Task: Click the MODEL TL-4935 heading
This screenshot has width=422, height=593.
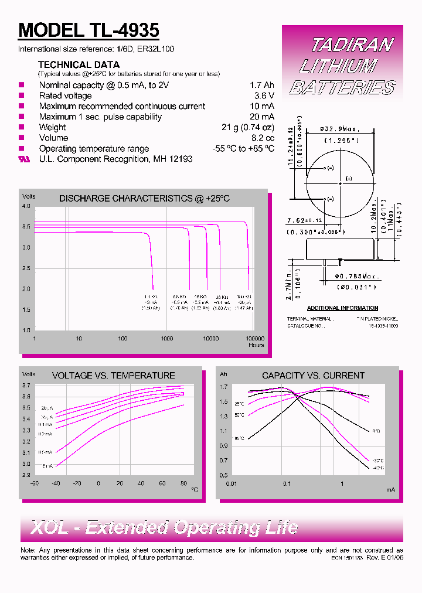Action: [x=89, y=30]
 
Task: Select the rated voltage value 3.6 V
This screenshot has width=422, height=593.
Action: [x=264, y=96]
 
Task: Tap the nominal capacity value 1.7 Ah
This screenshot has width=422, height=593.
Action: [x=262, y=85]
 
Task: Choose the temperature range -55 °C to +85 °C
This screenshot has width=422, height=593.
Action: [x=243, y=149]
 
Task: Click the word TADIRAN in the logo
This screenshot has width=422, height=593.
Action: [x=352, y=45]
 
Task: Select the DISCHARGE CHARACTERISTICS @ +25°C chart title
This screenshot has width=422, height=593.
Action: [x=144, y=199]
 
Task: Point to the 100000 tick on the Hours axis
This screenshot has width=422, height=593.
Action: [x=254, y=339]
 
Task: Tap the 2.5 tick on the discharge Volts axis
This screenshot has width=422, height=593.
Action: [x=26, y=268]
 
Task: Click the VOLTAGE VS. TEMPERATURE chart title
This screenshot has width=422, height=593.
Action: [x=114, y=376]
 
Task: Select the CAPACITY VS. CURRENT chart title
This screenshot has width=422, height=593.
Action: [x=313, y=376]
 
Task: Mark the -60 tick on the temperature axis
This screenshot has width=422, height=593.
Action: [x=35, y=483]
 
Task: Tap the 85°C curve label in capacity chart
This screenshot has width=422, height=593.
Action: [x=239, y=438]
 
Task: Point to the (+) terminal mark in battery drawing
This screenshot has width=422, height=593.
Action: [x=349, y=178]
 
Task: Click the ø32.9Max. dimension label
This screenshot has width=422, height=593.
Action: [x=339, y=129]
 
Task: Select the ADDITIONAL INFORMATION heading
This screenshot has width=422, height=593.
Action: [x=342, y=308]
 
